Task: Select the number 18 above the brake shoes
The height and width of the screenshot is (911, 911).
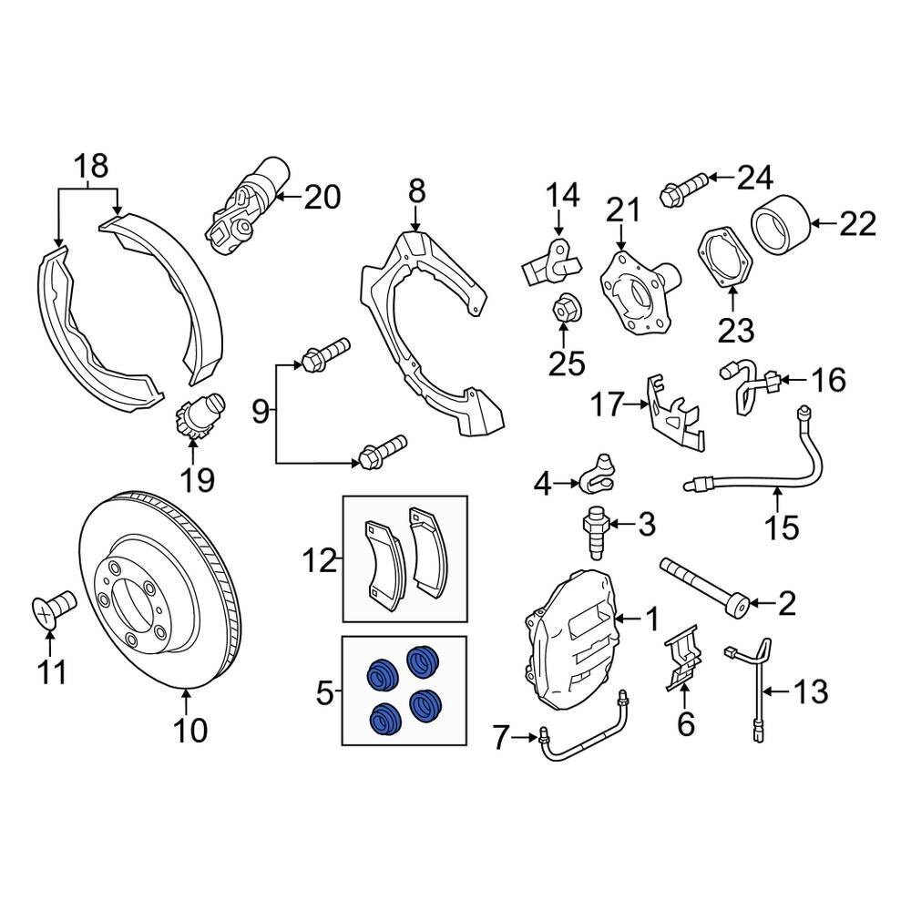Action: [x=89, y=167]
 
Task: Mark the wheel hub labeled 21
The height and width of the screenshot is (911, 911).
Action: [x=635, y=286]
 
